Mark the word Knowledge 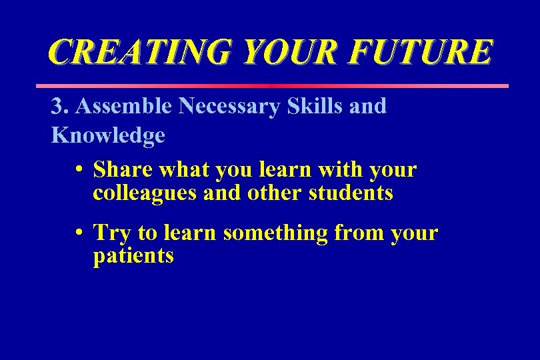(108, 135)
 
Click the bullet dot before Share (79, 171)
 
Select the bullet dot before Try (79, 233)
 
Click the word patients (133, 256)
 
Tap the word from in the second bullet (358, 233)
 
